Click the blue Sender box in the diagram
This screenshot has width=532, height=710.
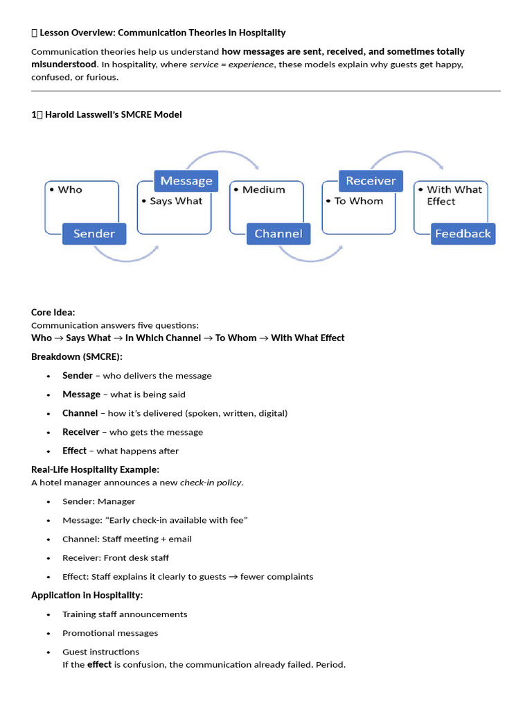click(x=94, y=234)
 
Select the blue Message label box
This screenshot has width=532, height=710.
click(x=186, y=181)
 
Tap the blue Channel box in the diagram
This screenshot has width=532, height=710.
click(x=278, y=234)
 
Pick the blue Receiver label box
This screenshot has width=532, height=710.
click(x=371, y=181)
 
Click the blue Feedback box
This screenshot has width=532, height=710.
click(x=463, y=234)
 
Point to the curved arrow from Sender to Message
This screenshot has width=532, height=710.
click(x=125, y=261)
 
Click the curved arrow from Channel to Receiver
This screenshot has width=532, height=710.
click(x=310, y=261)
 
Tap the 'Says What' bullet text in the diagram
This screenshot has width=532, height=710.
click(x=176, y=201)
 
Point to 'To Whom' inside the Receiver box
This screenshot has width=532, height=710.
click(x=359, y=201)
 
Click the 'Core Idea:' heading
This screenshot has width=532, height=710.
click(x=53, y=313)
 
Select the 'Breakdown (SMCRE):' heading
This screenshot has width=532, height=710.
click(x=77, y=357)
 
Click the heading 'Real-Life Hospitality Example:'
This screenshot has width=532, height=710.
click(x=95, y=469)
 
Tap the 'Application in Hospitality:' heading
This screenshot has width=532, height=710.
click(x=87, y=596)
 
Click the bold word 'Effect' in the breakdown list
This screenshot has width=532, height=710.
click(x=74, y=451)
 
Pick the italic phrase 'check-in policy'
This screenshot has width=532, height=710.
click(x=211, y=483)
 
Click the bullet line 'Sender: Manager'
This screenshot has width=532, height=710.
click(x=98, y=502)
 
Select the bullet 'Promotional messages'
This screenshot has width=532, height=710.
click(x=110, y=633)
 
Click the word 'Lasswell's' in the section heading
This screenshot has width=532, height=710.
click(x=94, y=114)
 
